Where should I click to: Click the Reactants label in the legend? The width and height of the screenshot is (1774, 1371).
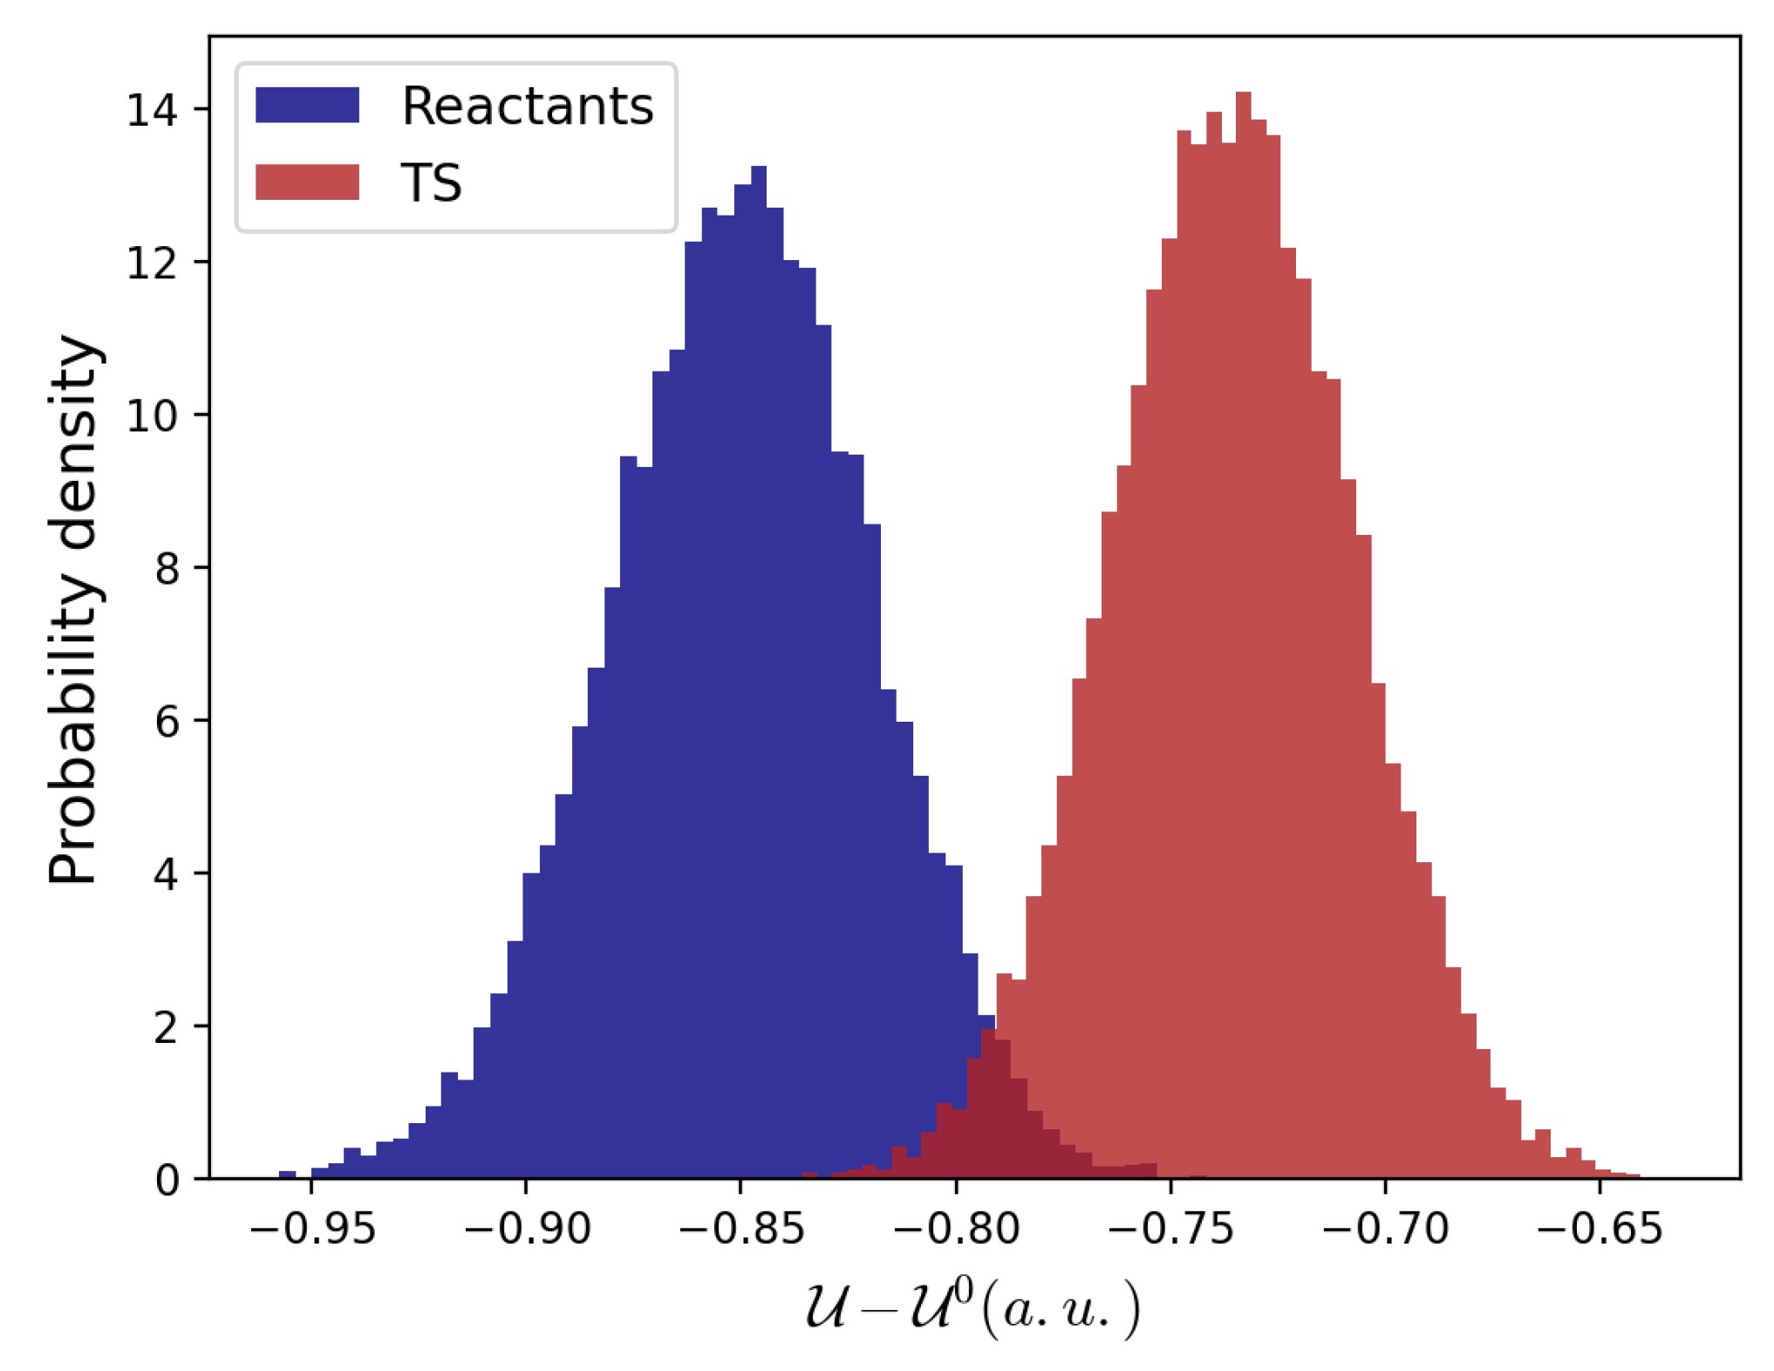point(527,106)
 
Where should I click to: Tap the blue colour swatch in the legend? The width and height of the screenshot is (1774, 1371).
point(307,105)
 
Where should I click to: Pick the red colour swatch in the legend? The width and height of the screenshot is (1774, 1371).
point(307,182)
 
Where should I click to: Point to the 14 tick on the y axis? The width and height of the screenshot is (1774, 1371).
point(152,111)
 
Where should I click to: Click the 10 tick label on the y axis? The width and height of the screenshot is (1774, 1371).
point(152,416)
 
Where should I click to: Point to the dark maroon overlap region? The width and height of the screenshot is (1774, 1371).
point(994,1126)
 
